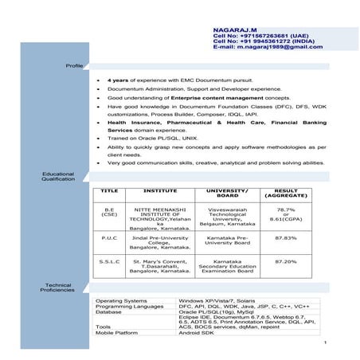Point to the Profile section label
[74, 65]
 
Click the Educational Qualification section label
[58, 176]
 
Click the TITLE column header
[110, 192]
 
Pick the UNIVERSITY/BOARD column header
[228, 194]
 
